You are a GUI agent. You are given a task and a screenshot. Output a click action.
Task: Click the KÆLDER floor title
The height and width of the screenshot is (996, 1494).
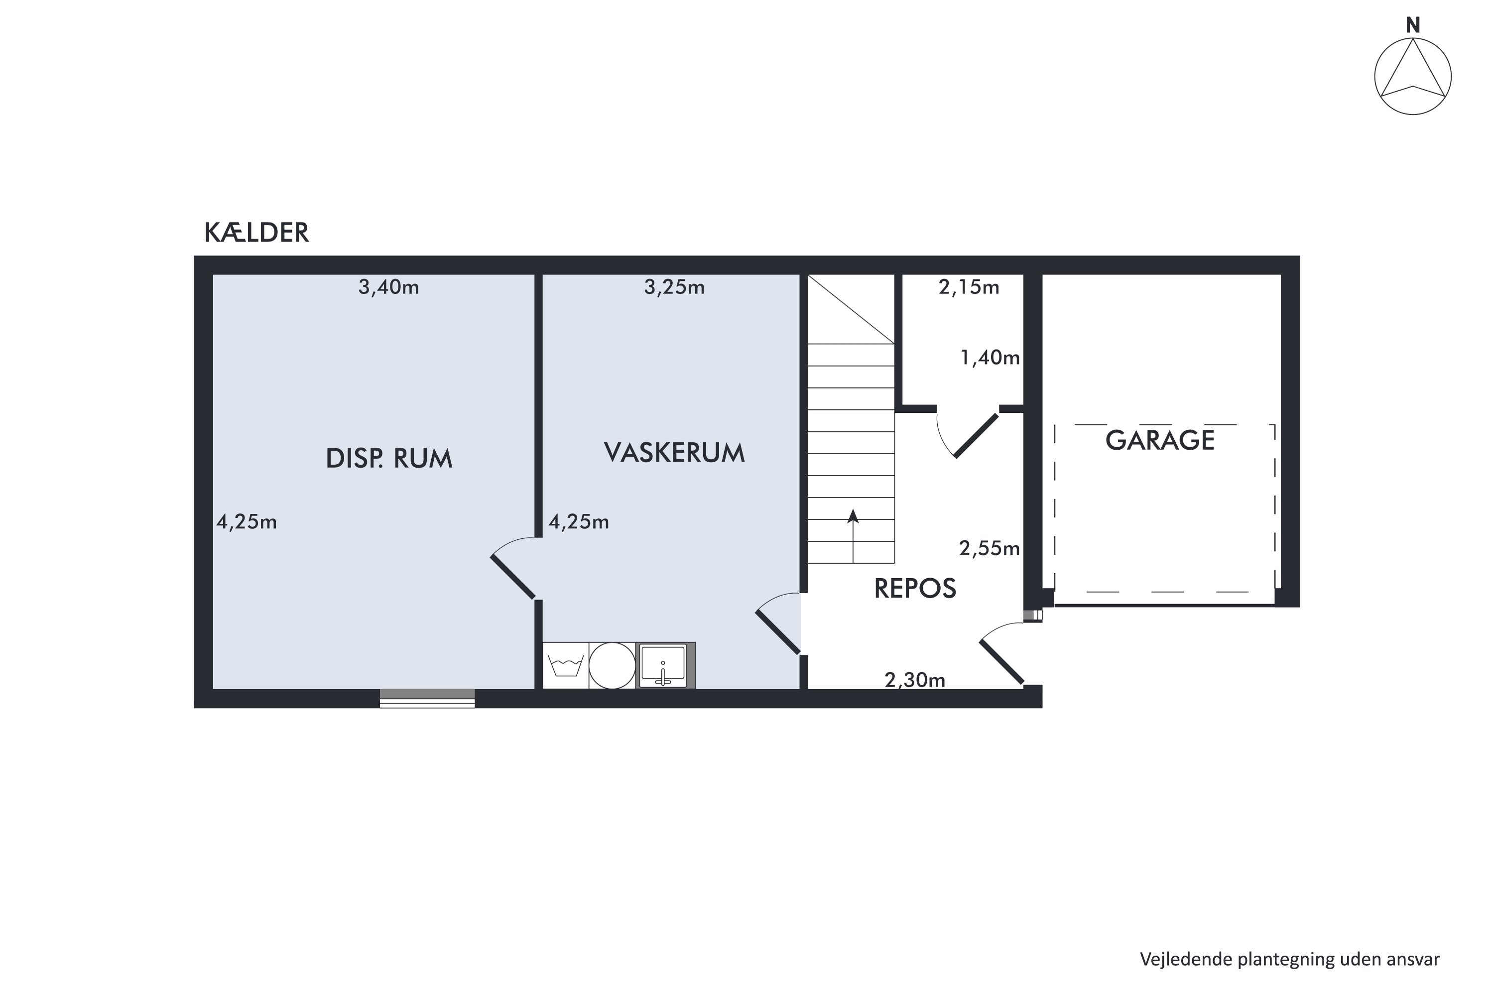pos(256,233)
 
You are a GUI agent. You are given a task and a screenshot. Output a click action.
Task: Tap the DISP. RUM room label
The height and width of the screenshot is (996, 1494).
pos(389,459)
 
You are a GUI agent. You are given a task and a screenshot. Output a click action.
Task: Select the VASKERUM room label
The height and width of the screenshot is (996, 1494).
pos(674,453)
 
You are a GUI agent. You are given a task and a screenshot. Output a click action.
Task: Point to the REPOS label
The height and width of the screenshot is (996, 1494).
pos(915,589)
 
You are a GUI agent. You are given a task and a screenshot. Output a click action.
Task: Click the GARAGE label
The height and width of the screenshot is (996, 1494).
pos(1160,440)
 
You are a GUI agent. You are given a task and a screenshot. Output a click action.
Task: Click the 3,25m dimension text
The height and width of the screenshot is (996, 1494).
pos(674,288)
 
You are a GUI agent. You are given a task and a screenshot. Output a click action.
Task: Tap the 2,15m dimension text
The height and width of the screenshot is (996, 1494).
pos(969,288)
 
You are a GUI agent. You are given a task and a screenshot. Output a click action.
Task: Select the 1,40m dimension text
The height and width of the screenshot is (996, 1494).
pos(990,358)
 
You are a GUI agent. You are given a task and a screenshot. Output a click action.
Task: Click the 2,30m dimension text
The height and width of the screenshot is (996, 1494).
pos(915,680)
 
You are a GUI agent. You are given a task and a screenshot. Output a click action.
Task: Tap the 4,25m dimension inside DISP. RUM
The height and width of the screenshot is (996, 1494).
pos(247,522)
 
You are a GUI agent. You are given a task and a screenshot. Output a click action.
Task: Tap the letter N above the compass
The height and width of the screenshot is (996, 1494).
pos(1413,25)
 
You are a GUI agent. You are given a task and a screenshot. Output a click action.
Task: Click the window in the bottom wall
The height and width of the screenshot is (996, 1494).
pos(427,698)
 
